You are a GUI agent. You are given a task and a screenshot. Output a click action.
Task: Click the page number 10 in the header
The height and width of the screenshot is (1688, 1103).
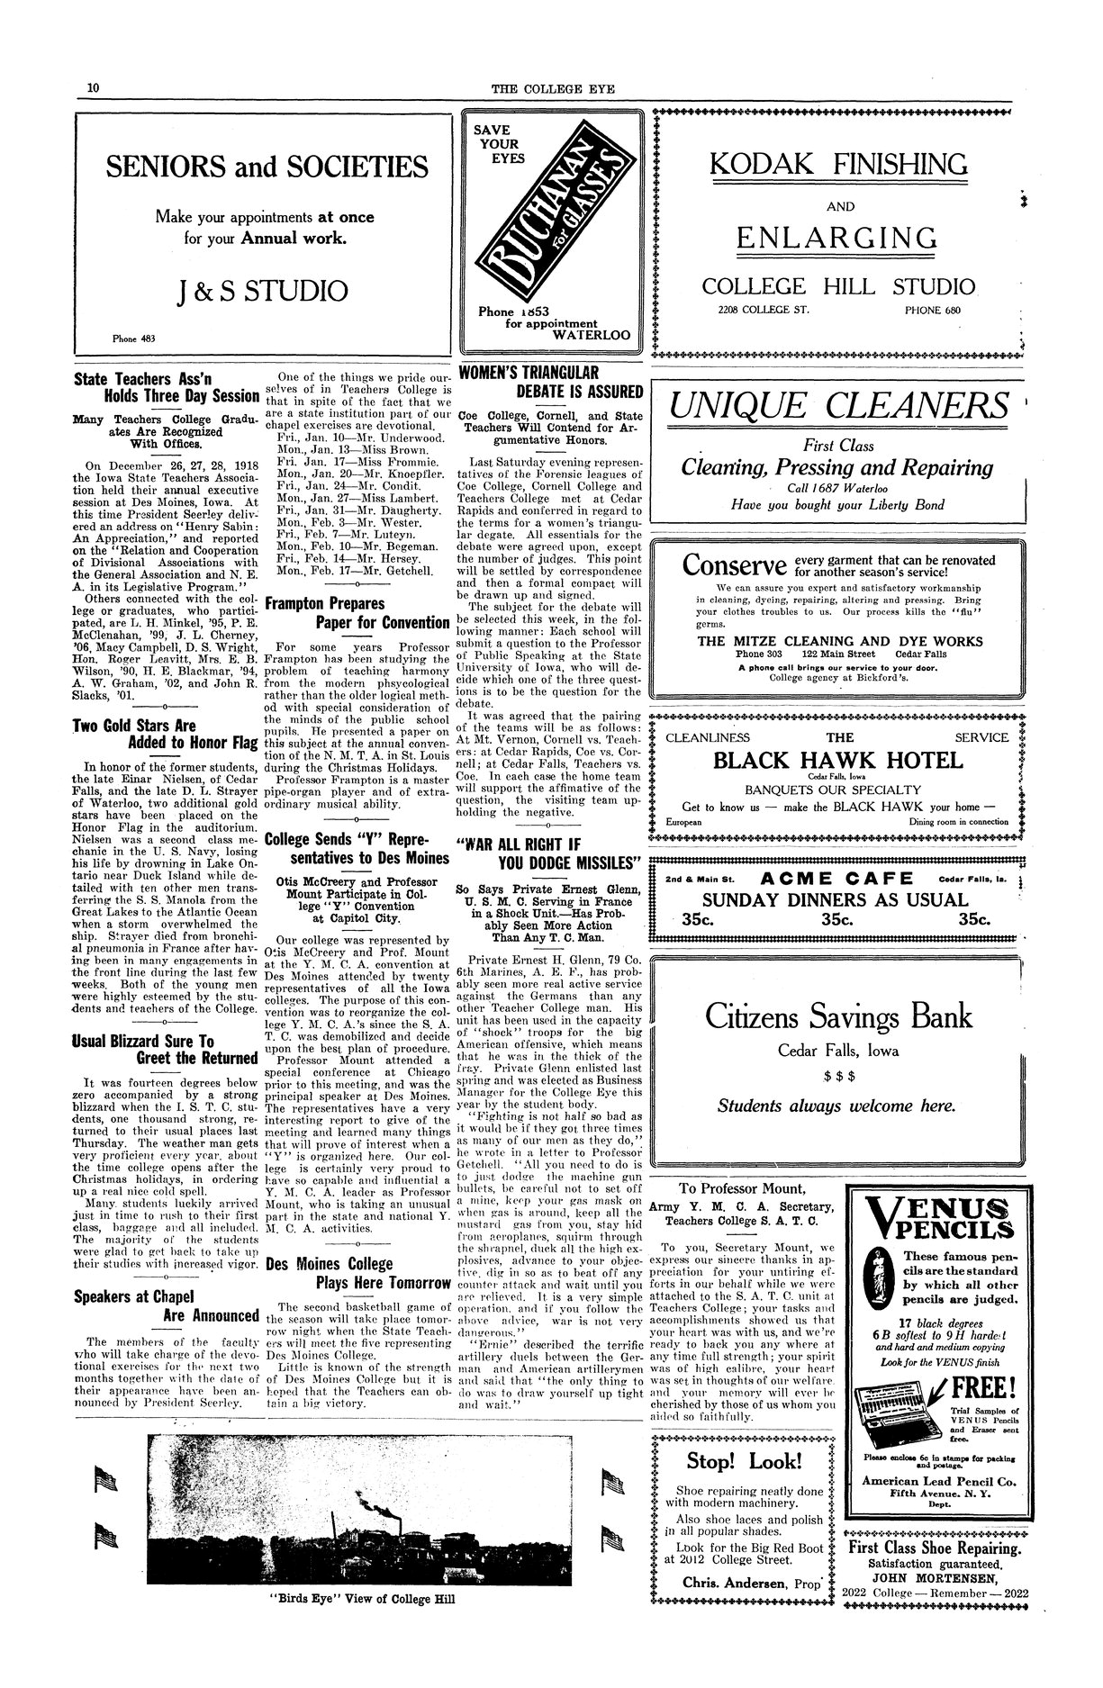click(93, 87)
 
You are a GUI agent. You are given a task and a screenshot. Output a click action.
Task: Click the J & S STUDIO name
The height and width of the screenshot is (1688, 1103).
click(263, 291)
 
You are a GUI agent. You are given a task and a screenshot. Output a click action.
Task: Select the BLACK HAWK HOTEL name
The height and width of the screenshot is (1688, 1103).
click(838, 760)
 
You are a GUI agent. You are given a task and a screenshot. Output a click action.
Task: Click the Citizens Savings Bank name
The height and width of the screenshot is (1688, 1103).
click(838, 1016)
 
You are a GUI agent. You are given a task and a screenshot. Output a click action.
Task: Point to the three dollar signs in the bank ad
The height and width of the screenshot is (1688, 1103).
click(838, 1075)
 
